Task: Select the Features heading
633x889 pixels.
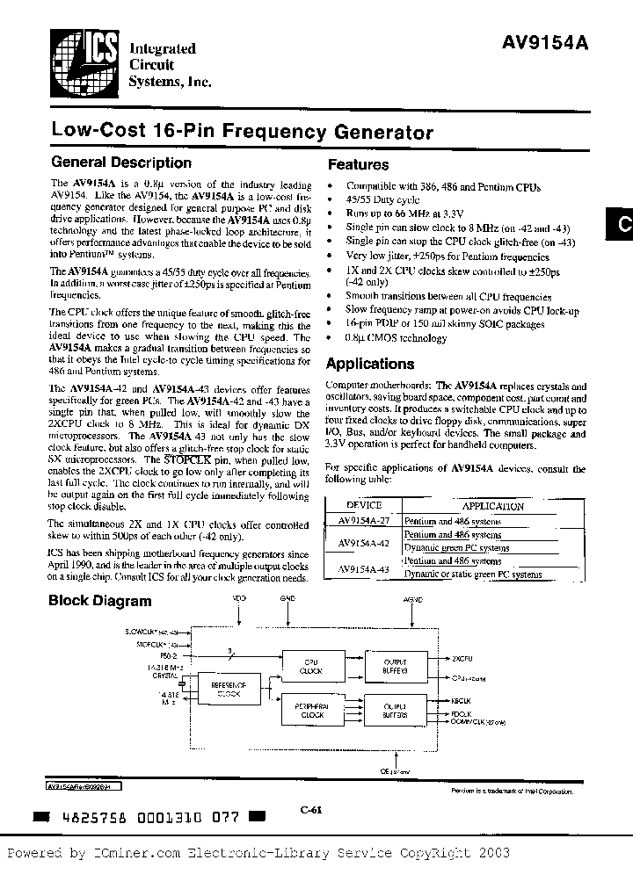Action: tap(358, 164)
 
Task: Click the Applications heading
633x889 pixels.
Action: tap(371, 364)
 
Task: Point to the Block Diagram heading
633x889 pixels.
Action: tap(99, 602)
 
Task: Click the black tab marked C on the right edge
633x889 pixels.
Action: tap(621, 225)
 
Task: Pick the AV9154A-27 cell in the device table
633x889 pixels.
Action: tap(363, 522)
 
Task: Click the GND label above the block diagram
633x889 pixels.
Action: tap(287, 598)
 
